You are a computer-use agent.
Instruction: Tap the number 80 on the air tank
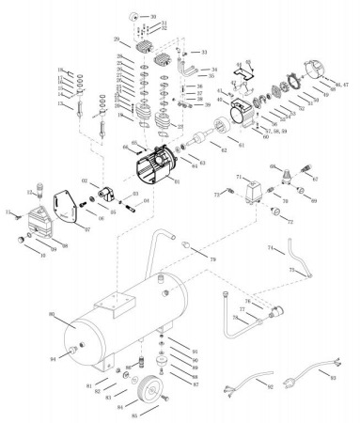(x=53, y=314)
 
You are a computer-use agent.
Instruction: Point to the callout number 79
(x=212, y=258)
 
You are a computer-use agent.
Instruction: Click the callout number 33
(x=205, y=53)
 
